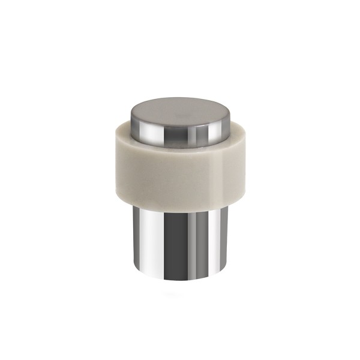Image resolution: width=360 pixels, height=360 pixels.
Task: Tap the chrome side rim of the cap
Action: click(x=180, y=133)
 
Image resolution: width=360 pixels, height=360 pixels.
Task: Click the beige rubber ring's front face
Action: click(x=180, y=174)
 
